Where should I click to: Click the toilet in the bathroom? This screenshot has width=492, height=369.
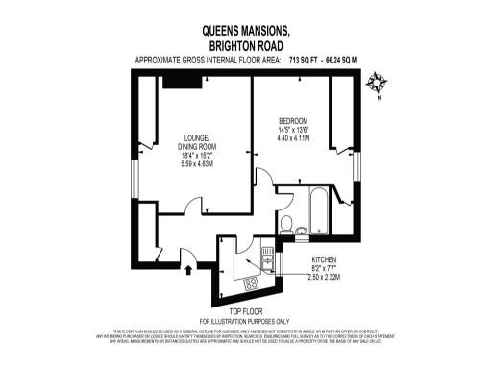click(287, 225)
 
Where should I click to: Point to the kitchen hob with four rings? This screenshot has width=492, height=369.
click(252, 283)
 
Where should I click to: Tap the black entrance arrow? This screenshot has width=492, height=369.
click(188, 269)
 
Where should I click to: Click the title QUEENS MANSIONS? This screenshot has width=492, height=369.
click(244, 30)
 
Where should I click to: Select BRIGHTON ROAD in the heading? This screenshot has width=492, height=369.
click(244, 45)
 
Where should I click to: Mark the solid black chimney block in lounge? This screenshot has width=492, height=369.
click(181, 82)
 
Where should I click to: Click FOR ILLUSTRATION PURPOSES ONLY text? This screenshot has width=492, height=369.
click(244, 320)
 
